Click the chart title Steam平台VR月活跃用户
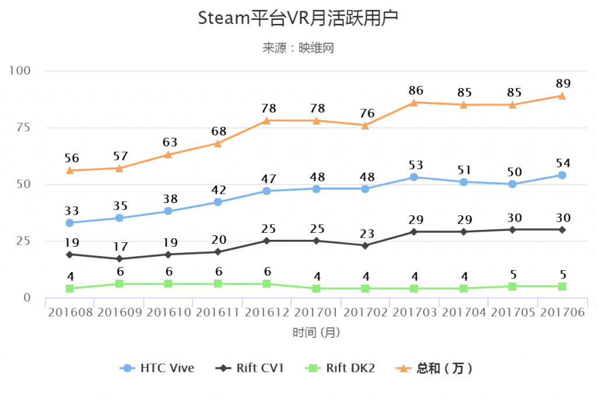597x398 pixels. click(x=298, y=19)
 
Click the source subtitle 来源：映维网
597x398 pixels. click(x=298, y=48)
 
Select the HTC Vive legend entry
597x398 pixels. click(x=157, y=368)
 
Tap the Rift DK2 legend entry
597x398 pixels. click(x=340, y=368)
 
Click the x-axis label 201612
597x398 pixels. click(x=266, y=312)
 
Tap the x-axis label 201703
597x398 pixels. click(x=414, y=312)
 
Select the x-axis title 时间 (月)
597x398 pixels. click(x=315, y=333)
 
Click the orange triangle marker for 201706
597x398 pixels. click(x=561, y=96)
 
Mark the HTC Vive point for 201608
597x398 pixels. click(x=70, y=222)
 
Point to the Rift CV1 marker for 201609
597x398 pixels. click(x=119, y=259)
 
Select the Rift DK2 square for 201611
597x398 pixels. click(x=217, y=284)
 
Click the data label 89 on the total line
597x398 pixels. click(x=563, y=83)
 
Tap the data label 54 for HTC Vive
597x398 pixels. click(x=563, y=162)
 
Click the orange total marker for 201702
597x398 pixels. click(x=365, y=125)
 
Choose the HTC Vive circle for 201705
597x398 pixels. click(x=512, y=184)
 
